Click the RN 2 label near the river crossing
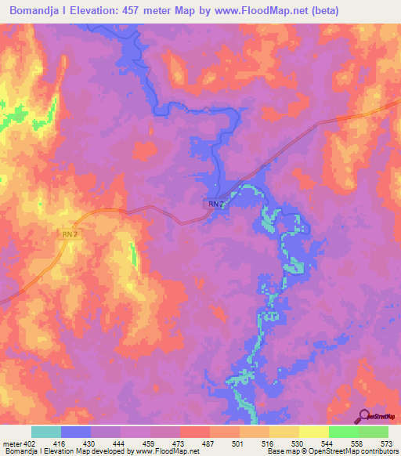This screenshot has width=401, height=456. coord(217,204)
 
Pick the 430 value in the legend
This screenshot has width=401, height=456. coord(90,443)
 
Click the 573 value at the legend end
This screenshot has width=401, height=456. coord(387,443)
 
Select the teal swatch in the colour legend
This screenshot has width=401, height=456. coord(45,432)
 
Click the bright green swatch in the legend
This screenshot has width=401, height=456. coord(343,432)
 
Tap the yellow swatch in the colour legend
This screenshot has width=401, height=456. coord(284,432)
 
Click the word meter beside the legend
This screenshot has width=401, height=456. coord(11,443)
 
